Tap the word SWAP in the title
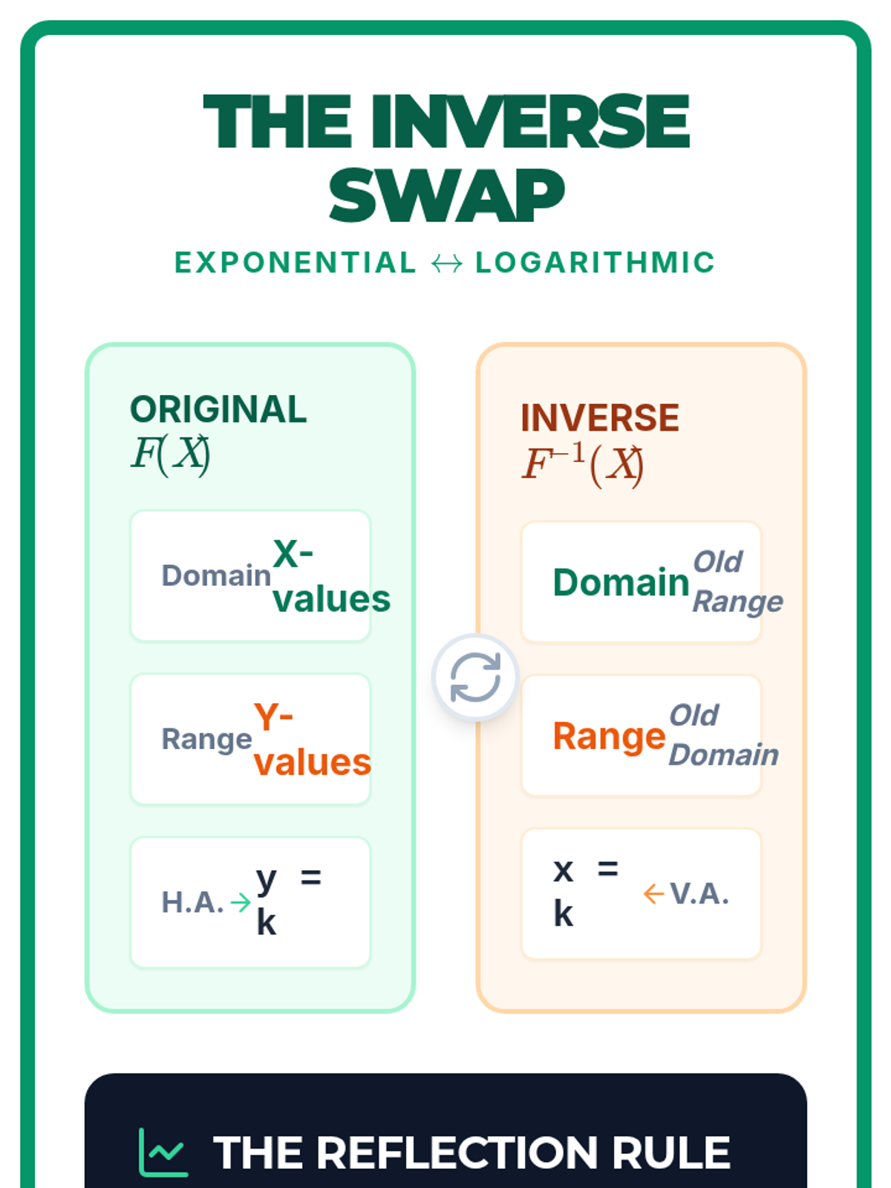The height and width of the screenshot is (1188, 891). [x=446, y=196]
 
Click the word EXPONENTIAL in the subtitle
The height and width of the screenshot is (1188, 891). [x=296, y=263]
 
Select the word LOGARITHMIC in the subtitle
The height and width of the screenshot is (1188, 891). [x=595, y=263]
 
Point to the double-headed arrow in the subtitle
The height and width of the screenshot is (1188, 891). [x=446, y=264]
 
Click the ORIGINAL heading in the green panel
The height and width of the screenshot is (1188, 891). [x=218, y=409]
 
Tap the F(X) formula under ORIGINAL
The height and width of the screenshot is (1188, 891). [x=171, y=454]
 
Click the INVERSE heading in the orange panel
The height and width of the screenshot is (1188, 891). [x=599, y=417]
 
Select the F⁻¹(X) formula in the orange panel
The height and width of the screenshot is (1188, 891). [x=583, y=464]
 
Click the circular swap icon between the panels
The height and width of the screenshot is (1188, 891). [x=475, y=677]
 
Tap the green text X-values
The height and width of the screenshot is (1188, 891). [x=330, y=576]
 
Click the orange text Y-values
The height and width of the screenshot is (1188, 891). [x=312, y=740]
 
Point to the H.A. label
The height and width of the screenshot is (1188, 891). [x=192, y=902]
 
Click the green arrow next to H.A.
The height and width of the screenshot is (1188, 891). [x=241, y=902]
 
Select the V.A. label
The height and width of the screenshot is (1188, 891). [x=699, y=894]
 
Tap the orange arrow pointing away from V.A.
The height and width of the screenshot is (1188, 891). [x=653, y=894]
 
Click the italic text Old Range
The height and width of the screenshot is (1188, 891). [x=737, y=581]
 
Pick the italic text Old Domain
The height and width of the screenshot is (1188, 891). [x=723, y=735]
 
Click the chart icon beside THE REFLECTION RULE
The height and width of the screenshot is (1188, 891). [x=163, y=1152]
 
